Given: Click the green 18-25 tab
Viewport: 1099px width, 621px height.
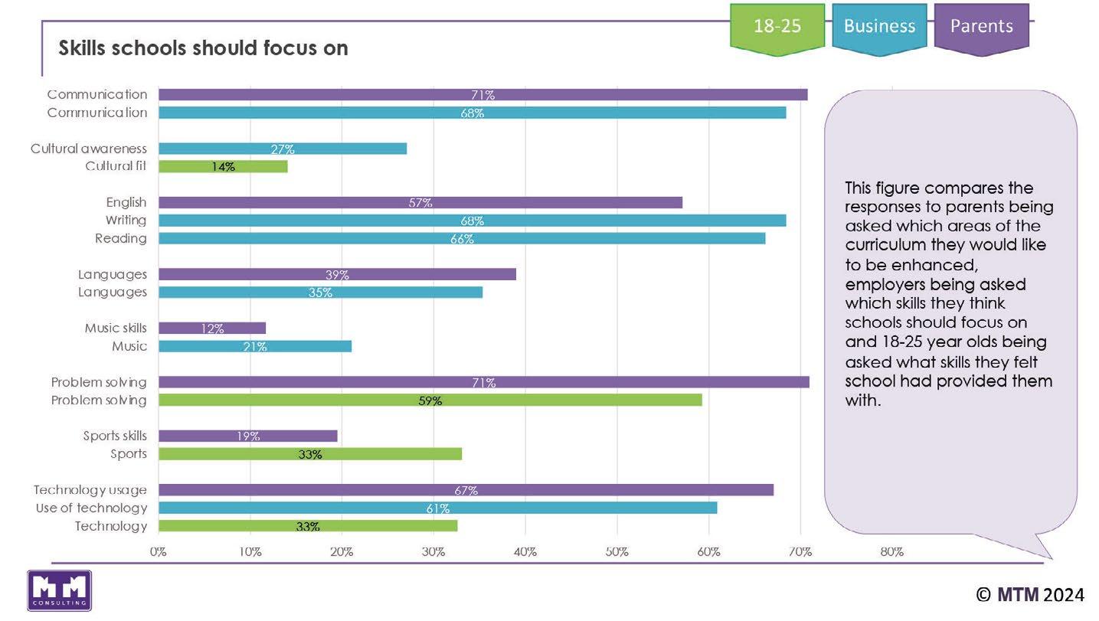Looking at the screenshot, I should point(777,27).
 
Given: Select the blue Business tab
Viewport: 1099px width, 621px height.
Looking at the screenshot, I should point(879,27).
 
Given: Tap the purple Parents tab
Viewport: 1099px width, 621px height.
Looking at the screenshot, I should point(981,27).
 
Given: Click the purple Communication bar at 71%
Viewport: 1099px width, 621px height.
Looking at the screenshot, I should point(482,95).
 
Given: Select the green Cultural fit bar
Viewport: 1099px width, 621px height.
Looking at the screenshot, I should point(223,166).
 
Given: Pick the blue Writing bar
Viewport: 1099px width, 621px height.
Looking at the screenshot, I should point(472,221).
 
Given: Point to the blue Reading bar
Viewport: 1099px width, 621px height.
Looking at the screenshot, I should point(462,238).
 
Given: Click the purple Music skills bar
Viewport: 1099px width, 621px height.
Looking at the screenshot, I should point(212,328).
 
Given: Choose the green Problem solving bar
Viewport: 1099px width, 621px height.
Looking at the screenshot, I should point(430,400).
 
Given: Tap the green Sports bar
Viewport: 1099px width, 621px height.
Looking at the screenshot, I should point(309,454).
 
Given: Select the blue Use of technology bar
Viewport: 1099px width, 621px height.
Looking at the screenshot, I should point(437,508).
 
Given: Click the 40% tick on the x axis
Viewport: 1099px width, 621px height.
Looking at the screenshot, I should point(525,551).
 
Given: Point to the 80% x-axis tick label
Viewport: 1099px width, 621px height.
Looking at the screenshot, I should point(891,551).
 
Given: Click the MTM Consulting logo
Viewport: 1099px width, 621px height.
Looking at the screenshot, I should point(60,590).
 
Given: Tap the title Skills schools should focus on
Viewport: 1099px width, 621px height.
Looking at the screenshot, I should point(203,48).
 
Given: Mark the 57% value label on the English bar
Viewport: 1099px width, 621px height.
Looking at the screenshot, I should point(420,203).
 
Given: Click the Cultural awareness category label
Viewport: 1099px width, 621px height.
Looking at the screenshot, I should point(88,149).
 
